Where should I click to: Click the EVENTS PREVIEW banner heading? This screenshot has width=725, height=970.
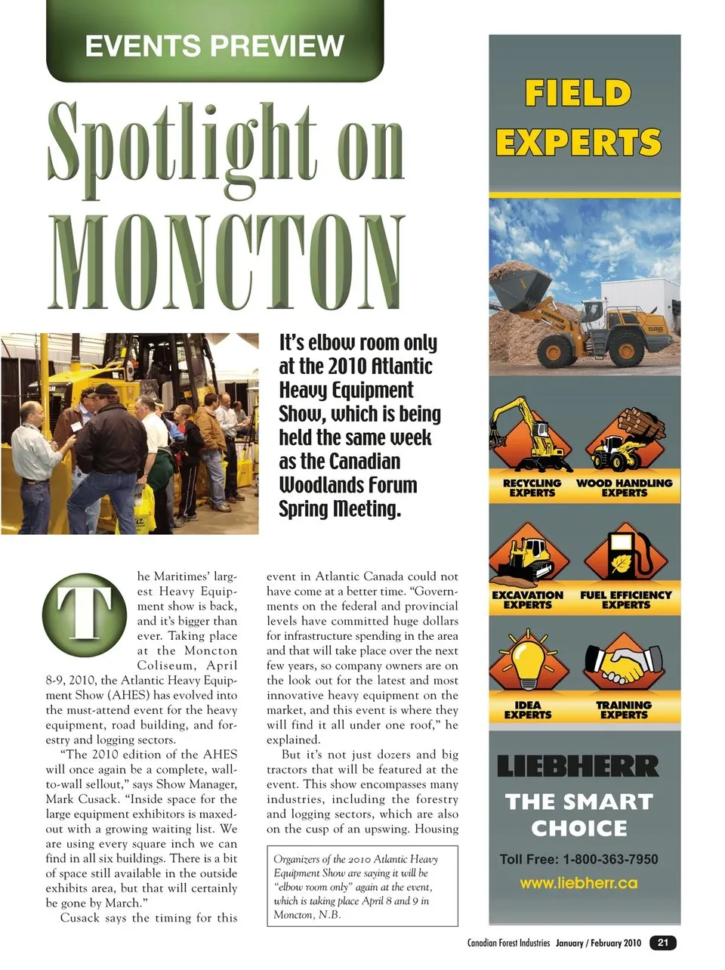click(214, 45)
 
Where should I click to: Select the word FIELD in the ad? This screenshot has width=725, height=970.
click(578, 94)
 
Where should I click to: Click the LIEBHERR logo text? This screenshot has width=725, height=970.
click(578, 766)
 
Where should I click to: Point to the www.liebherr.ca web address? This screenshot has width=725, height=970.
click(578, 883)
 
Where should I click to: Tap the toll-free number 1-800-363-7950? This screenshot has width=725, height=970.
click(578, 859)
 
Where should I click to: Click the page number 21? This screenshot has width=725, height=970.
click(663, 942)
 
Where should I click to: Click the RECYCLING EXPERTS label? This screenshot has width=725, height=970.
click(532, 488)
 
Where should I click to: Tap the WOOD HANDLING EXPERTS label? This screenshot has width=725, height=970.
click(624, 488)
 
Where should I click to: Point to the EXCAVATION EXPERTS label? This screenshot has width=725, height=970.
click(528, 600)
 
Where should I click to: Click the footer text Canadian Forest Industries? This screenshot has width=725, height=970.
click(508, 943)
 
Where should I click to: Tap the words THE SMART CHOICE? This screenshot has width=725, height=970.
click(578, 814)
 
